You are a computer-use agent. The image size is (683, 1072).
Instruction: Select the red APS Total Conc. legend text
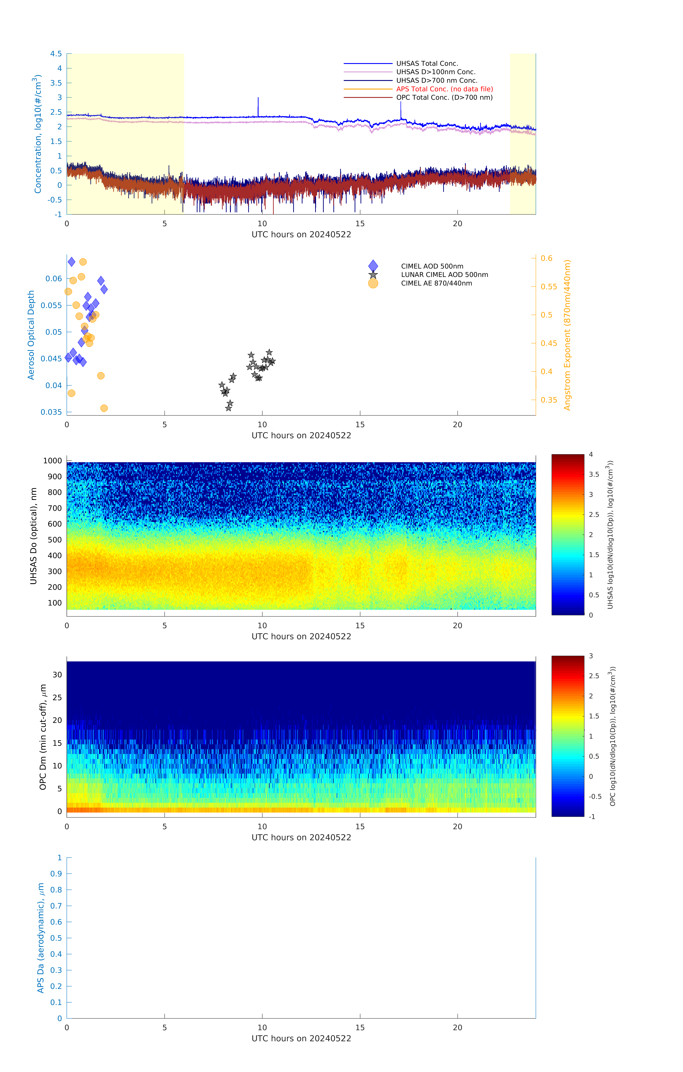coord(444,89)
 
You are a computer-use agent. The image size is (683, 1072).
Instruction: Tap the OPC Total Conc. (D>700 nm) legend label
coord(444,98)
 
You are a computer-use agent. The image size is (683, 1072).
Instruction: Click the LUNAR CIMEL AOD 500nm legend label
coord(444,275)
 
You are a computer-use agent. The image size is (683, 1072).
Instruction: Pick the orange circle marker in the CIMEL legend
coord(373,284)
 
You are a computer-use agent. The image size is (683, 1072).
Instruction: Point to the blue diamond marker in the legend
coord(373,266)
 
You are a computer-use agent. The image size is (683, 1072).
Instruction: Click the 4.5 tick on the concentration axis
coord(56,54)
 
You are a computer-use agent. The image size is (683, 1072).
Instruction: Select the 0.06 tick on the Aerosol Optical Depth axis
coord(54,279)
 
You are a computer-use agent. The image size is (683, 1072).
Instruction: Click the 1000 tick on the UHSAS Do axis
coord(52,461)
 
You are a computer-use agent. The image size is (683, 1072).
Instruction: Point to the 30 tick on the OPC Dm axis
coord(57,675)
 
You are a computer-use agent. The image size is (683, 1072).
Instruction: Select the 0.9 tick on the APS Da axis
coord(56,874)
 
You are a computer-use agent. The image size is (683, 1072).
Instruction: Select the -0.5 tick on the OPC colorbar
coord(595,797)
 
